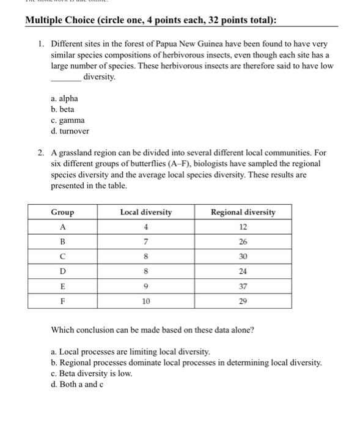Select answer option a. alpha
[65, 98]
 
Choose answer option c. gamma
[68, 120]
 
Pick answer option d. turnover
[70, 131]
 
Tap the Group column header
[62, 212]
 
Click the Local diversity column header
[146, 212]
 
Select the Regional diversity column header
[243, 212]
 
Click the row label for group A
[62, 227]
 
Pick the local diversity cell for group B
[146, 242]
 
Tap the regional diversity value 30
[243, 257]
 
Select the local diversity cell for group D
[146, 271]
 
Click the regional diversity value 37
[243, 286]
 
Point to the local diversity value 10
[146, 301]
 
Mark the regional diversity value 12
[243, 227]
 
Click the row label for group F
[62, 301]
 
